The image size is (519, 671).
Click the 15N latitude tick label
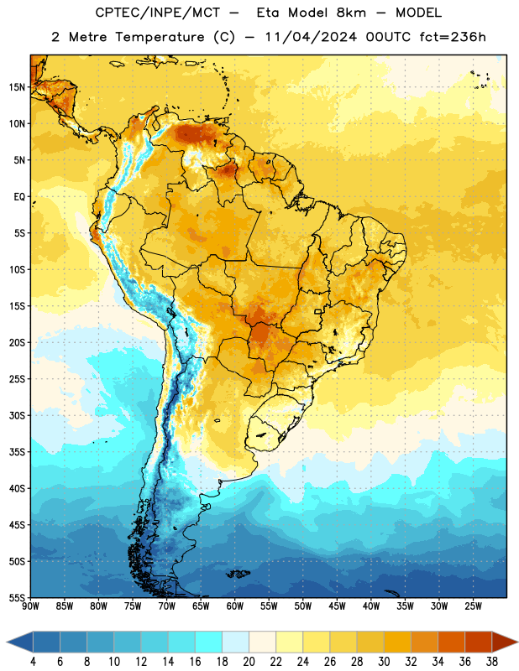coord(17,87)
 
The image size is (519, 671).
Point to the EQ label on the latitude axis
coord(19,197)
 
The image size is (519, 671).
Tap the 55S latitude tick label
coord(17,597)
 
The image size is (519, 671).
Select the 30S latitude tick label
coord(17,415)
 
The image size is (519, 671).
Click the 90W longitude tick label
coord(30,606)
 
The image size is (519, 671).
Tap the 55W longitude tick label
coord(269,606)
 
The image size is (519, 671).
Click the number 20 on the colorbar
coord(249,662)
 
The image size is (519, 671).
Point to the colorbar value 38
coord(492,662)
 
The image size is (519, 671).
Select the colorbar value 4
coord(33,662)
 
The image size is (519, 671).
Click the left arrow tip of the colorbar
coord(7,642)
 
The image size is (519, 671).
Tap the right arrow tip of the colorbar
coord(517,642)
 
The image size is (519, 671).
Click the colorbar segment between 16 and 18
coord(209,642)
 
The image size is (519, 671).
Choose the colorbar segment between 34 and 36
coord(451,642)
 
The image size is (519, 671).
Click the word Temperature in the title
coord(160,37)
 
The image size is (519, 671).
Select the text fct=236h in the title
coord(453,37)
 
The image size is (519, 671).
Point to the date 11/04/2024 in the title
coord(311,37)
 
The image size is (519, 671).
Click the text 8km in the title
coord(351,13)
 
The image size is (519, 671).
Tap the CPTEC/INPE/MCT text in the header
coord(157,13)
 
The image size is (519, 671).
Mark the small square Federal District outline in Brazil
coord(318,312)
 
